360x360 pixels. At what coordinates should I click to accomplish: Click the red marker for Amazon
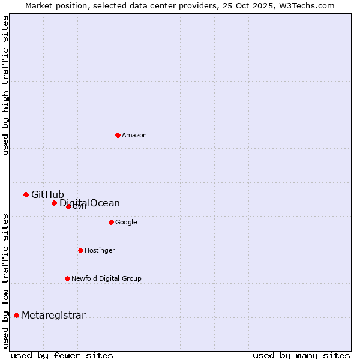[x=118, y=135]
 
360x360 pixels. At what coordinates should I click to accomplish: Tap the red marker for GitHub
[x=26, y=194]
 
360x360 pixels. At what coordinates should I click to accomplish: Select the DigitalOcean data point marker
[x=54, y=203]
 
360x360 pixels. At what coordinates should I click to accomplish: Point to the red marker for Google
[x=111, y=222]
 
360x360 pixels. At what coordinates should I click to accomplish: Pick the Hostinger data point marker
[x=80, y=250]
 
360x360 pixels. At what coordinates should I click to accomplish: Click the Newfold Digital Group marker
[x=67, y=278]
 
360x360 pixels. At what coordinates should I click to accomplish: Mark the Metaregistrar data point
[x=16, y=315]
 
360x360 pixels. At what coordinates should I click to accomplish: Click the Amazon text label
[x=134, y=135]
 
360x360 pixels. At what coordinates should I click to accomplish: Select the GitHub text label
[x=47, y=194]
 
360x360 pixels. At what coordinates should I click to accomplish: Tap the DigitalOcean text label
[x=89, y=203]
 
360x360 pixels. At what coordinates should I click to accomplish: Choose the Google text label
[x=126, y=222]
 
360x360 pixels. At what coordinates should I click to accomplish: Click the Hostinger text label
[x=100, y=250]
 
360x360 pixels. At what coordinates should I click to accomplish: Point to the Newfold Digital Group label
[x=106, y=278]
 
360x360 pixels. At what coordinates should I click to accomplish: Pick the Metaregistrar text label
[x=53, y=315]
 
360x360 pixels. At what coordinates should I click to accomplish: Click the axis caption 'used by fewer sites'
[x=62, y=355]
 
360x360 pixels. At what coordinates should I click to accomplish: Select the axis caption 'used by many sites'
[x=301, y=355]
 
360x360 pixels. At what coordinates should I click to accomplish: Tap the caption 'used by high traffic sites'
[x=5, y=85]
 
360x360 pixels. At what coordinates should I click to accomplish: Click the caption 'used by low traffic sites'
[x=5, y=281]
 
